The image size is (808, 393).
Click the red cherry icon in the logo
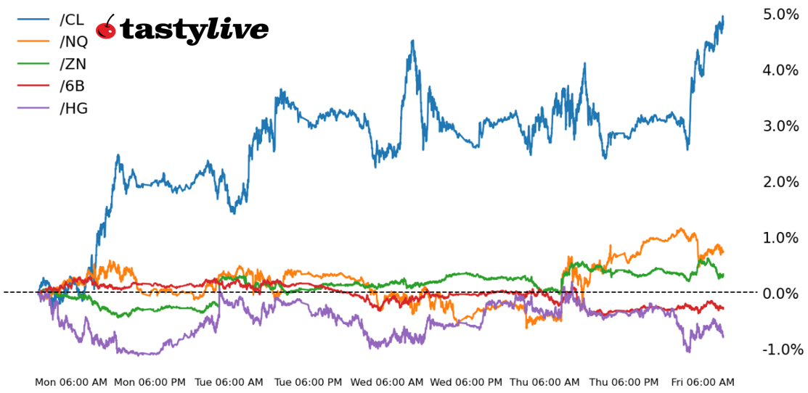click(x=106, y=28)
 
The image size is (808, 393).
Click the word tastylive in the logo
click(x=194, y=30)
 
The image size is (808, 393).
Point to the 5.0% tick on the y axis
click(x=780, y=15)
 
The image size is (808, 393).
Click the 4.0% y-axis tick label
click(x=780, y=70)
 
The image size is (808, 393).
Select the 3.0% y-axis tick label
click(x=780, y=126)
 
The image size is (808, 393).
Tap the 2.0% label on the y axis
click(x=780, y=182)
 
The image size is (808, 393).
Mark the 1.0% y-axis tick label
click(x=780, y=238)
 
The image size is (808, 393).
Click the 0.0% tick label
click(x=780, y=294)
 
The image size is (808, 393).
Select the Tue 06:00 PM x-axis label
click(x=309, y=382)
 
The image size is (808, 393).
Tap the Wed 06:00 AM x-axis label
click(x=386, y=382)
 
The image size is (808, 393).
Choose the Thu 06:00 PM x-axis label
click(x=624, y=382)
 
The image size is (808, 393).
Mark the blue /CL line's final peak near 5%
click(x=722, y=17)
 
